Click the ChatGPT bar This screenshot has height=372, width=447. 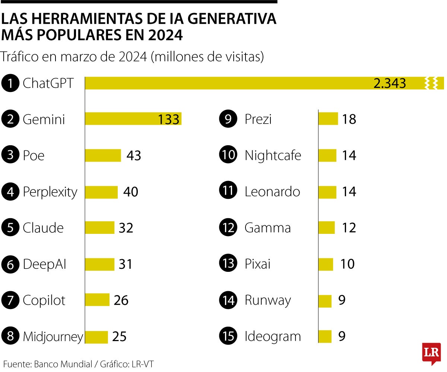pyautogui.click(x=223, y=83)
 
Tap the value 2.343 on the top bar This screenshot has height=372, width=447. pyautogui.click(x=389, y=83)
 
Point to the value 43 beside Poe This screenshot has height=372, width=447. pyautogui.click(x=134, y=155)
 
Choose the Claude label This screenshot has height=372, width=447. pyautogui.click(x=43, y=228)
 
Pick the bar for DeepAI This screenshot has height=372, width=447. pyautogui.click(x=99, y=264)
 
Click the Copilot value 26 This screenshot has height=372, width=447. pyautogui.click(x=121, y=300)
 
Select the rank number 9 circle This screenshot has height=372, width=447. pyautogui.click(x=228, y=119)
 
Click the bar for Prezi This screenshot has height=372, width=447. pyautogui.click(x=328, y=119)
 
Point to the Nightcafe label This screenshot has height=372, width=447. pyautogui.click(x=273, y=155)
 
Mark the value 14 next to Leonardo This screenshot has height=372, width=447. pyautogui.click(x=349, y=191)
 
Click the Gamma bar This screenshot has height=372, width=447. pyautogui.click(x=327, y=228)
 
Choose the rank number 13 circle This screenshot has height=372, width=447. pyautogui.click(x=228, y=264)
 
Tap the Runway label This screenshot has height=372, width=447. pyautogui.click(x=267, y=300)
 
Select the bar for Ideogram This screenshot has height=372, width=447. pyautogui.click(x=325, y=336)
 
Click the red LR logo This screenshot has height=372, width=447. pyautogui.click(x=431, y=353)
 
